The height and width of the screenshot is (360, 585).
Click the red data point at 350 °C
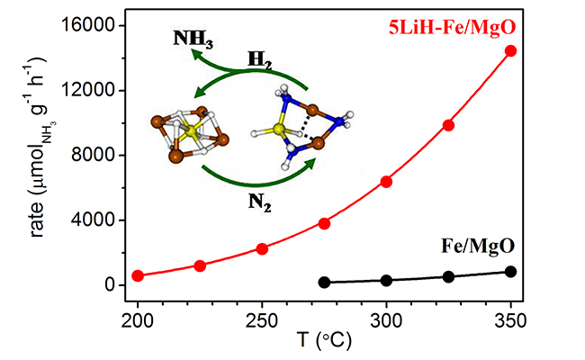pyautogui.click(x=511, y=50)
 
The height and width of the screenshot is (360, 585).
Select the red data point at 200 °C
pyautogui.click(x=138, y=275)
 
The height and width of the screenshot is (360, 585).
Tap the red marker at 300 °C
pyautogui.click(x=387, y=182)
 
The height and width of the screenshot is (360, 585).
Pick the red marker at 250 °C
pyautogui.click(x=262, y=248)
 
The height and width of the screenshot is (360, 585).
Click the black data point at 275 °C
pyautogui.click(x=325, y=283)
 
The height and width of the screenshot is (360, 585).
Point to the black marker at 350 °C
pyautogui.click(x=511, y=272)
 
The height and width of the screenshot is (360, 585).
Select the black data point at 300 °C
pyautogui.click(x=387, y=281)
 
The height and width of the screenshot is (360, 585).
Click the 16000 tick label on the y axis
pyautogui.click(x=88, y=26)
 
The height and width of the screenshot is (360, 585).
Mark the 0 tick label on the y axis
pyautogui.click(x=110, y=285)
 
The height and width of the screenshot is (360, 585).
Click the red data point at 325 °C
pyautogui.click(x=449, y=125)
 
